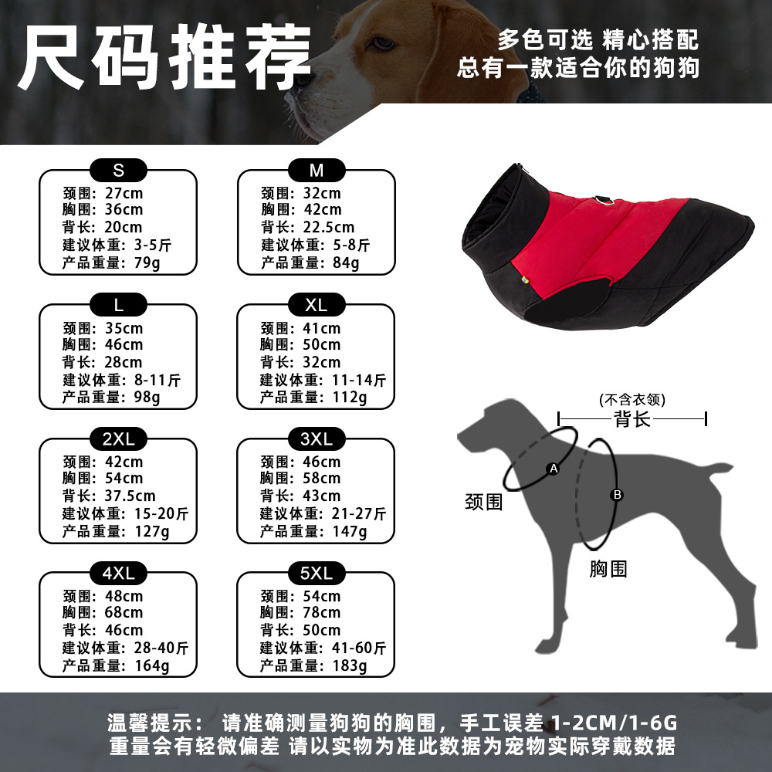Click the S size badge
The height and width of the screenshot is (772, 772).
click(118, 171)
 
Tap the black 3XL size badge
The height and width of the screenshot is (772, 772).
click(316, 438)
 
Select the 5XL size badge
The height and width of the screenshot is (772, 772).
click(316, 573)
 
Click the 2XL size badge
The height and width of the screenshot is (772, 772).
click(118, 438)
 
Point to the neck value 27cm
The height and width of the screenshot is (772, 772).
click(124, 193)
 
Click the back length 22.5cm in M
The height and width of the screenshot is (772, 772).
click(328, 227)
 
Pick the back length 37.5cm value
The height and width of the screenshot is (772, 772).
click(130, 496)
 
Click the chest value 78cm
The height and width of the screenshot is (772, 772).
click(321, 612)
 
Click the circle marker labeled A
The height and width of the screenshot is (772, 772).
click(554, 469)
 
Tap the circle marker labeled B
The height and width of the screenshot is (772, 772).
click(617, 495)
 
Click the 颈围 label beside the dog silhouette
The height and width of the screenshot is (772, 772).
click(484, 503)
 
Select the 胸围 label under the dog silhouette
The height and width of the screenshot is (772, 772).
click(608, 569)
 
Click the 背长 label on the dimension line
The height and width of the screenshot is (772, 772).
click(632, 419)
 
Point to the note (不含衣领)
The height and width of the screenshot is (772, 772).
click(632, 399)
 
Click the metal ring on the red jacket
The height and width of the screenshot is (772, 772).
click(604, 201)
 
